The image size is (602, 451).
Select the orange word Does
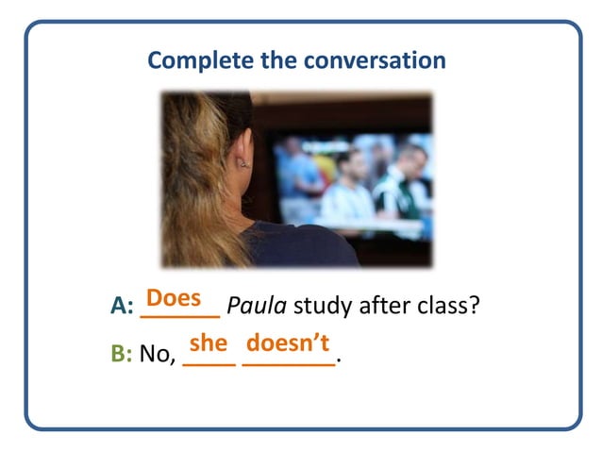pyautogui.click(x=174, y=298)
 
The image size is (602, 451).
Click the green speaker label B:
pyautogui.click(x=122, y=355)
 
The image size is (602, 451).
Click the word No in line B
pyautogui.click(x=156, y=355)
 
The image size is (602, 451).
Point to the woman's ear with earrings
pyautogui.click(x=243, y=158)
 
